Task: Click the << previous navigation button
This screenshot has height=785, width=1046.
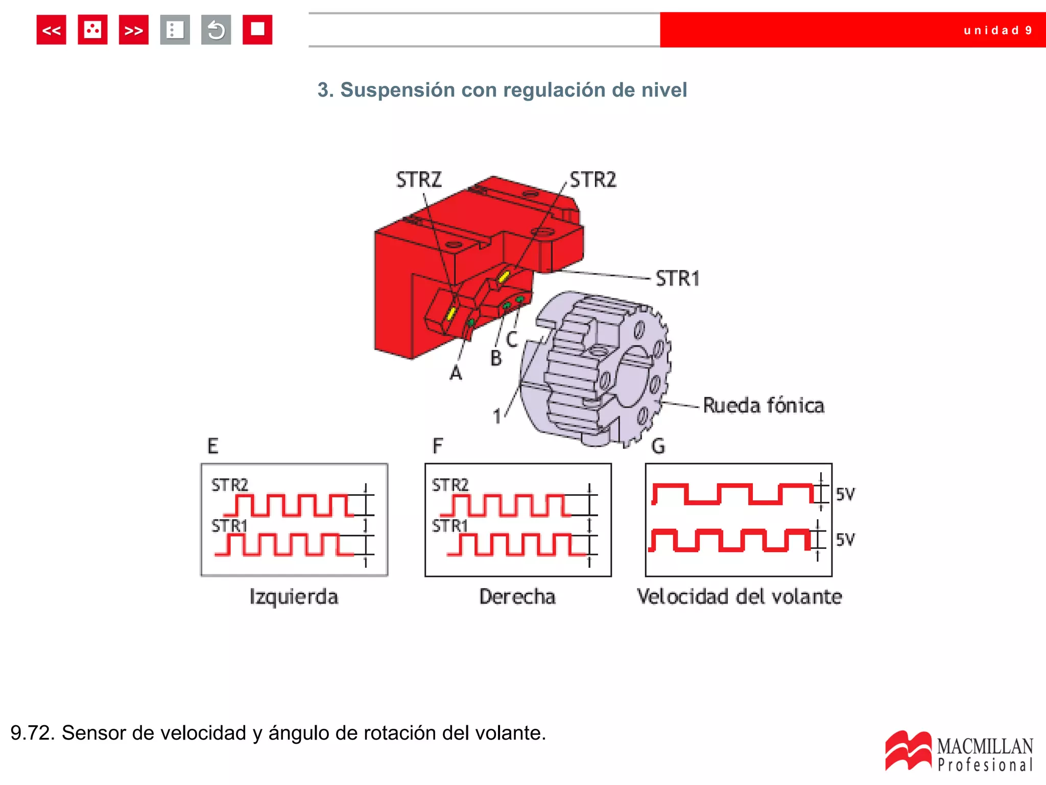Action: click(x=51, y=30)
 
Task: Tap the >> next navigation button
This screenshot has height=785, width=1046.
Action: click(x=133, y=30)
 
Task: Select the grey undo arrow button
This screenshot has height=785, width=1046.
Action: click(x=216, y=30)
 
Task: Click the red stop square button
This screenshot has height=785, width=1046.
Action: click(x=257, y=30)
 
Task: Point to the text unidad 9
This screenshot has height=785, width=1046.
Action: click(x=997, y=31)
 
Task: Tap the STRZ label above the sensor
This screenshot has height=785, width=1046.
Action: click(x=418, y=180)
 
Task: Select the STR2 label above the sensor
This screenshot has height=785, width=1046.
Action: click(x=593, y=180)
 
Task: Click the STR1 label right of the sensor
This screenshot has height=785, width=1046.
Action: click(x=678, y=279)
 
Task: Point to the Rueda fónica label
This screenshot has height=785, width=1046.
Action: click(x=764, y=406)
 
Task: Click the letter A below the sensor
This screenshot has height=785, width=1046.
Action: click(x=456, y=374)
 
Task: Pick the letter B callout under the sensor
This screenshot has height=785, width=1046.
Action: click(x=496, y=358)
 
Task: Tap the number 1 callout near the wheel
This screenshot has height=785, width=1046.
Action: click(x=497, y=417)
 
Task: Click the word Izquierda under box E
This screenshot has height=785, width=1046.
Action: click(x=294, y=597)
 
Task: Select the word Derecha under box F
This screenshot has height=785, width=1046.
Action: click(x=517, y=597)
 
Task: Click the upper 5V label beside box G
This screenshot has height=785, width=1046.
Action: click(x=845, y=494)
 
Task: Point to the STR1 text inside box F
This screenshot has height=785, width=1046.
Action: click(x=449, y=526)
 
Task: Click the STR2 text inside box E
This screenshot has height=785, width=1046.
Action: click(x=229, y=485)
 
